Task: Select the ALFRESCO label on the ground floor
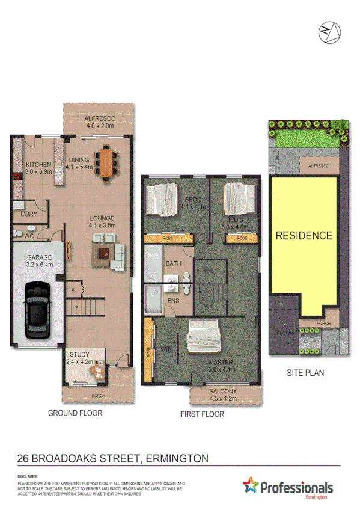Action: click(x=100, y=118)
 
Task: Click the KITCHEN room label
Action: click(x=38, y=164)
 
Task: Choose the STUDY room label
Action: click(x=79, y=354)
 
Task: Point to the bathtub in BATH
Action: click(x=153, y=263)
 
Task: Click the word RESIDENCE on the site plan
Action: click(x=304, y=236)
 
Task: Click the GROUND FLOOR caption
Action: click(x=75, y=413)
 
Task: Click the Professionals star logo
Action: click(x=252, y=487)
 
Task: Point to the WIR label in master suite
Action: click(x=166, y=348)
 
